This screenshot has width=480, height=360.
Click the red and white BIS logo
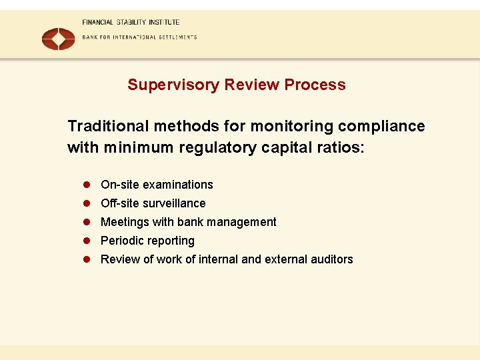coord(58,39)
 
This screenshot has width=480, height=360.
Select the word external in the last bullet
coord(283,259)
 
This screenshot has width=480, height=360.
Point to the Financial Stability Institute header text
coord(131,22)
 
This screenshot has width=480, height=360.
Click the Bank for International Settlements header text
coord(139,37)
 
